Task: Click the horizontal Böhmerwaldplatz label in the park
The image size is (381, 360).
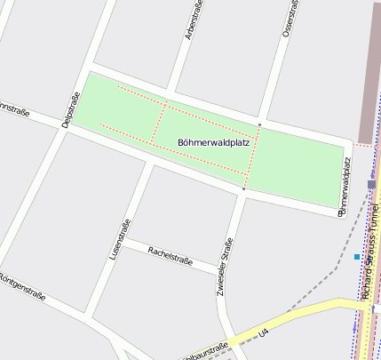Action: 213,142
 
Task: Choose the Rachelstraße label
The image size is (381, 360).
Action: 171,257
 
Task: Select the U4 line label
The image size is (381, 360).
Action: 263,332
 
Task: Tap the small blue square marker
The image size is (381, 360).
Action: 356,257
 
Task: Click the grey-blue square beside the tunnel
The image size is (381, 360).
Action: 371,184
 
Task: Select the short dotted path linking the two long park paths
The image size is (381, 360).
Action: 159,123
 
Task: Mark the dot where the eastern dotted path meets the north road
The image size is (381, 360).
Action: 259,124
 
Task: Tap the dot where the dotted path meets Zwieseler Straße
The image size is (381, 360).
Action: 243,188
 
